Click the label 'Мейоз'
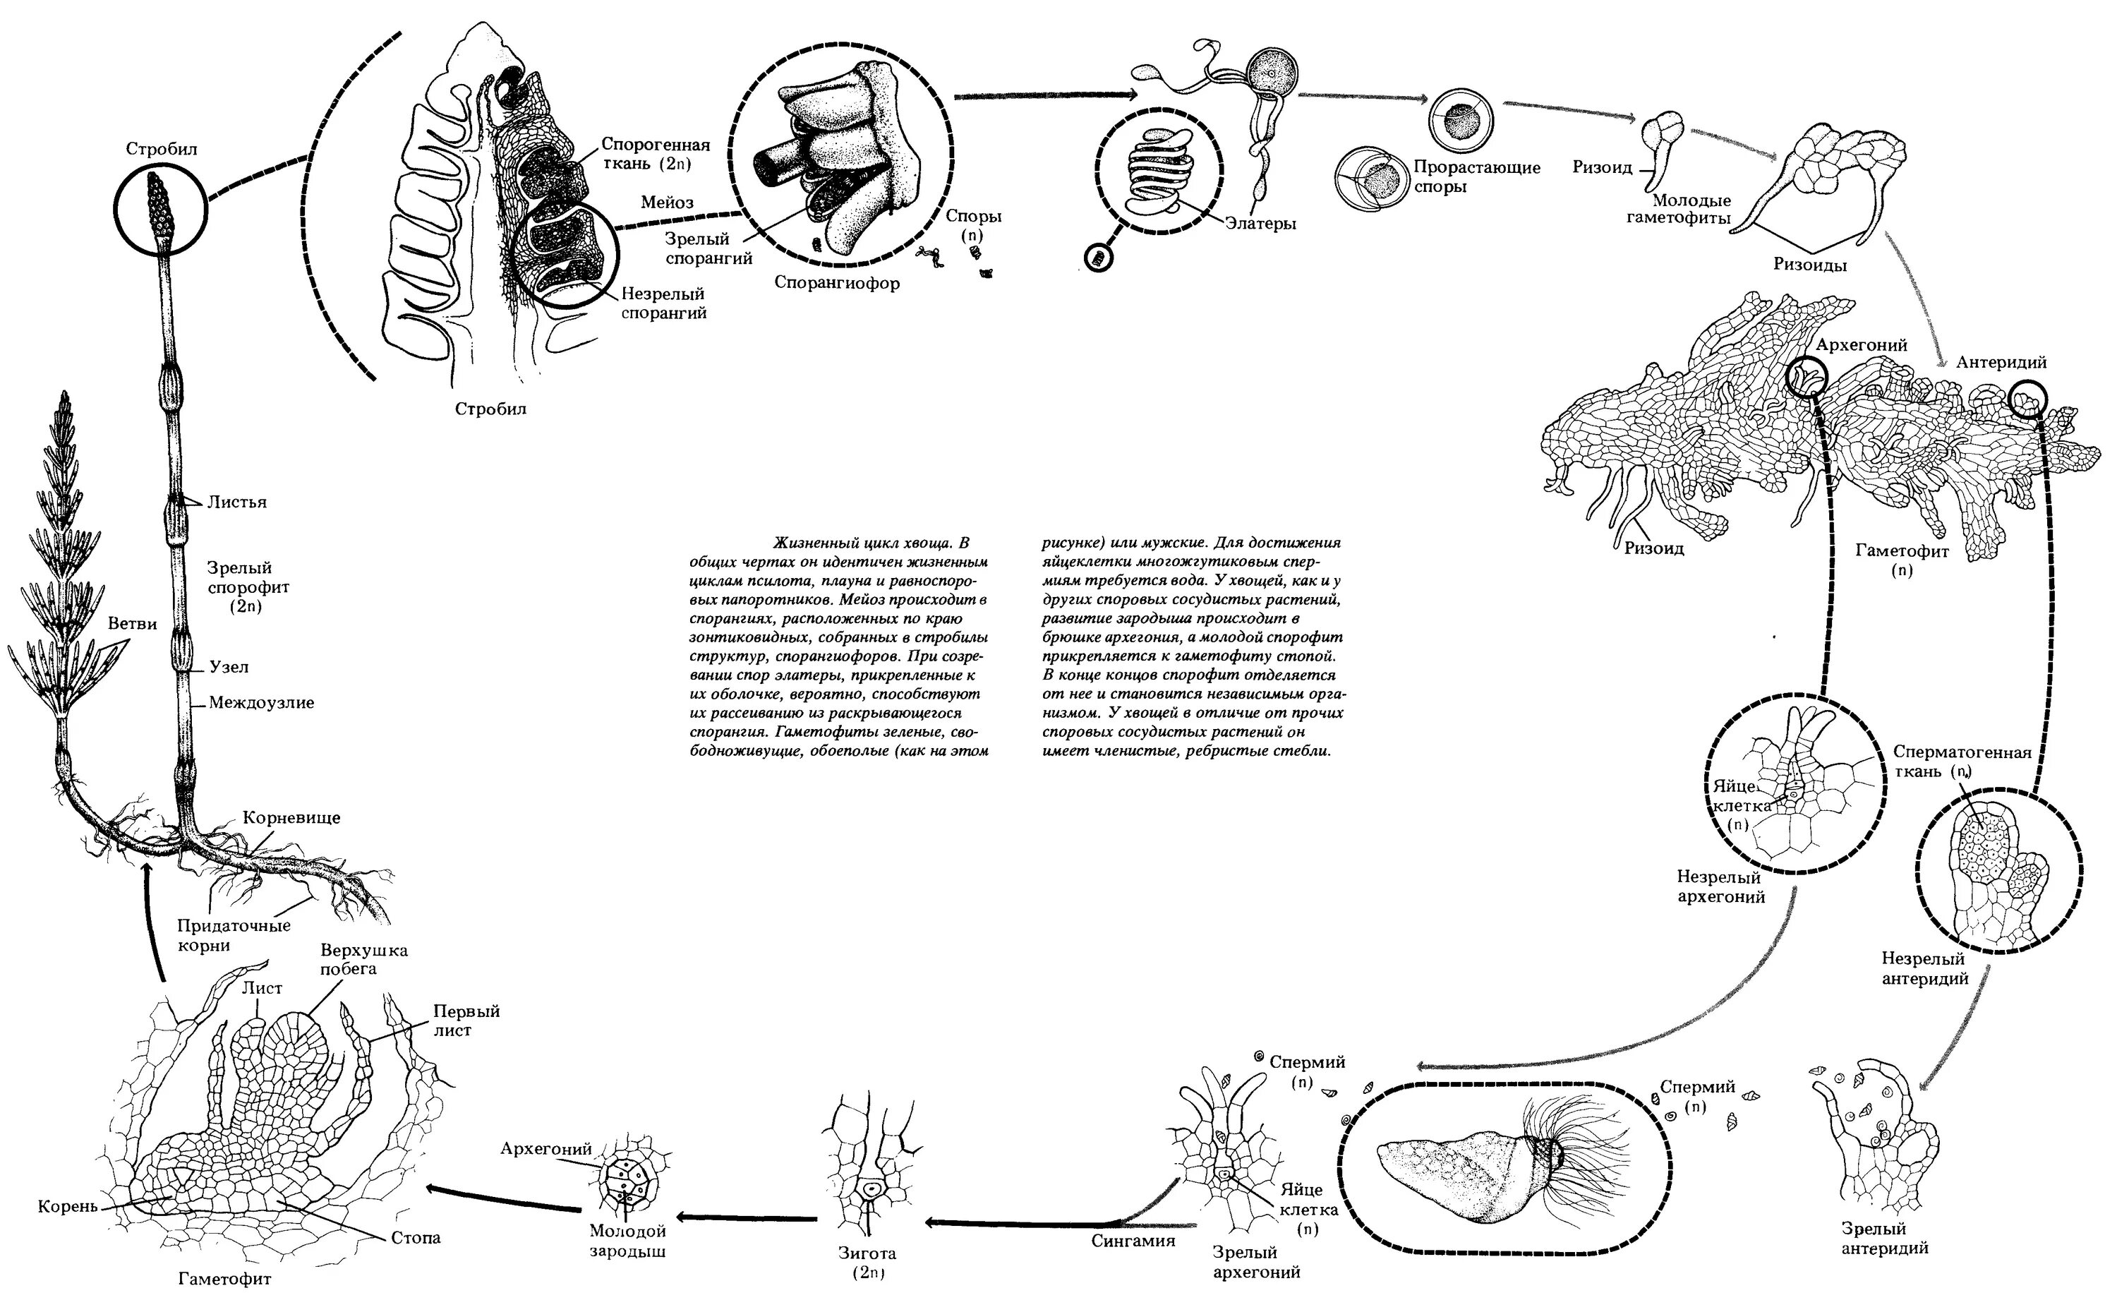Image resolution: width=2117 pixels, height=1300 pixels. (x=667, y=203)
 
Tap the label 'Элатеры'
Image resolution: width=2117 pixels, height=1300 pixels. (x=1261, y=224)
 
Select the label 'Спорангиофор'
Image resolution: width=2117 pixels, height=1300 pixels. (x=836, y=283)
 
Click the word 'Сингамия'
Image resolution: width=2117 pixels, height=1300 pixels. (x=1133, y=1241)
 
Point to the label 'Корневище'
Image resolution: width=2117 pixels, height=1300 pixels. (x=291, y=818)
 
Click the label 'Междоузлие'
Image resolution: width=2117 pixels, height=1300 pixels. (x=261, y=702)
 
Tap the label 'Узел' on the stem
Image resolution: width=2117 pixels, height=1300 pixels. (x=229, y=666)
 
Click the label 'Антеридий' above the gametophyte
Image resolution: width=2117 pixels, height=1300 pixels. (x=2001, y=362)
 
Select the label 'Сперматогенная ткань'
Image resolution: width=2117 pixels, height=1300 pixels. (x=1962, y=761)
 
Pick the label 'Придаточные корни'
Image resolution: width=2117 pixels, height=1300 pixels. (x=233, y=935)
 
